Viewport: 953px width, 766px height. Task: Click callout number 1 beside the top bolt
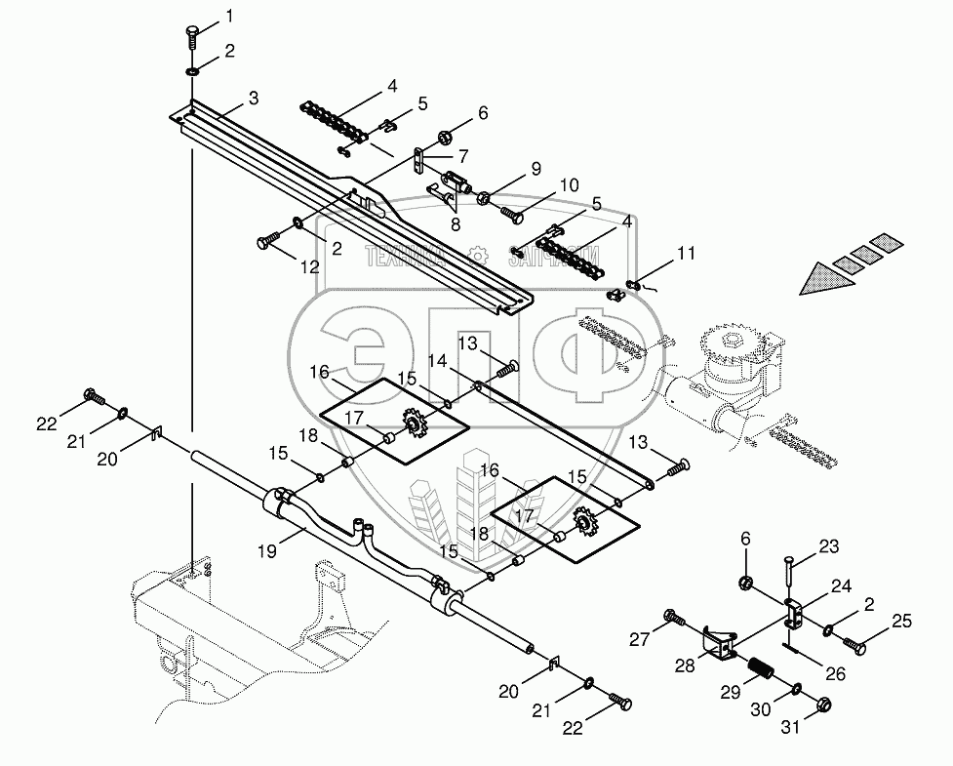[x=229, y=16]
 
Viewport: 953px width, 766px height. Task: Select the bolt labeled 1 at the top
[x=190, y=38]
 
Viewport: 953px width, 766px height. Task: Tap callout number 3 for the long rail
[x=253, y=98]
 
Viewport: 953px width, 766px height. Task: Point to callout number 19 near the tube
[x=267, y=550]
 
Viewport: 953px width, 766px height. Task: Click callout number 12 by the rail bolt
[x=309, y=265]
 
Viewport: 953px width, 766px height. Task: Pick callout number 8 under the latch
[x=456, y=222]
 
